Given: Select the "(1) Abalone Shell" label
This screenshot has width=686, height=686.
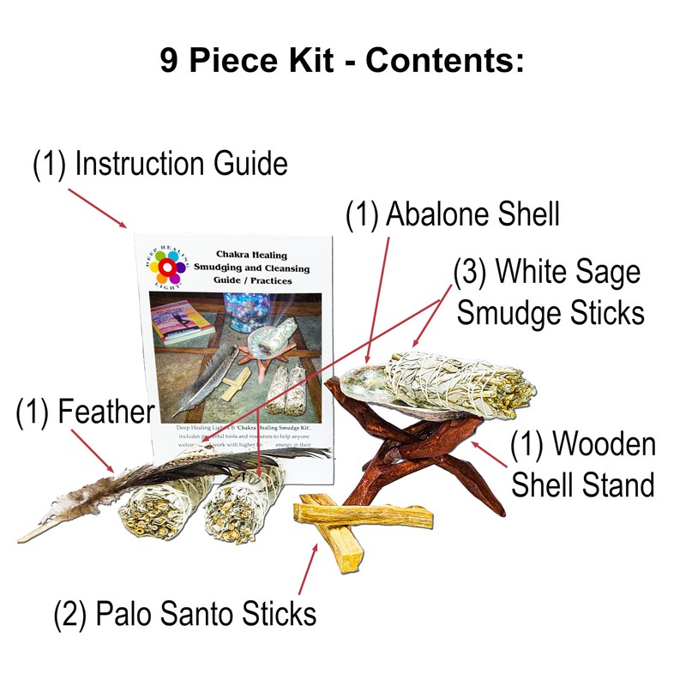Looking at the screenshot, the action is (x=452, y=214).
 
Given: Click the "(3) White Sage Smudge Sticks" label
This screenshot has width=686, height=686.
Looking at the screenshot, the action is (x=549, y=292).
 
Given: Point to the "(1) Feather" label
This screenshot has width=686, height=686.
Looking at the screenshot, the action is (x=83, y=413).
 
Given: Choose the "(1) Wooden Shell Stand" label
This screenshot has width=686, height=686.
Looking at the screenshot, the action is (x=583, y=465).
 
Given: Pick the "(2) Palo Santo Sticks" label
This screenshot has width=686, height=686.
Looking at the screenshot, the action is (x=184, y=613).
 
